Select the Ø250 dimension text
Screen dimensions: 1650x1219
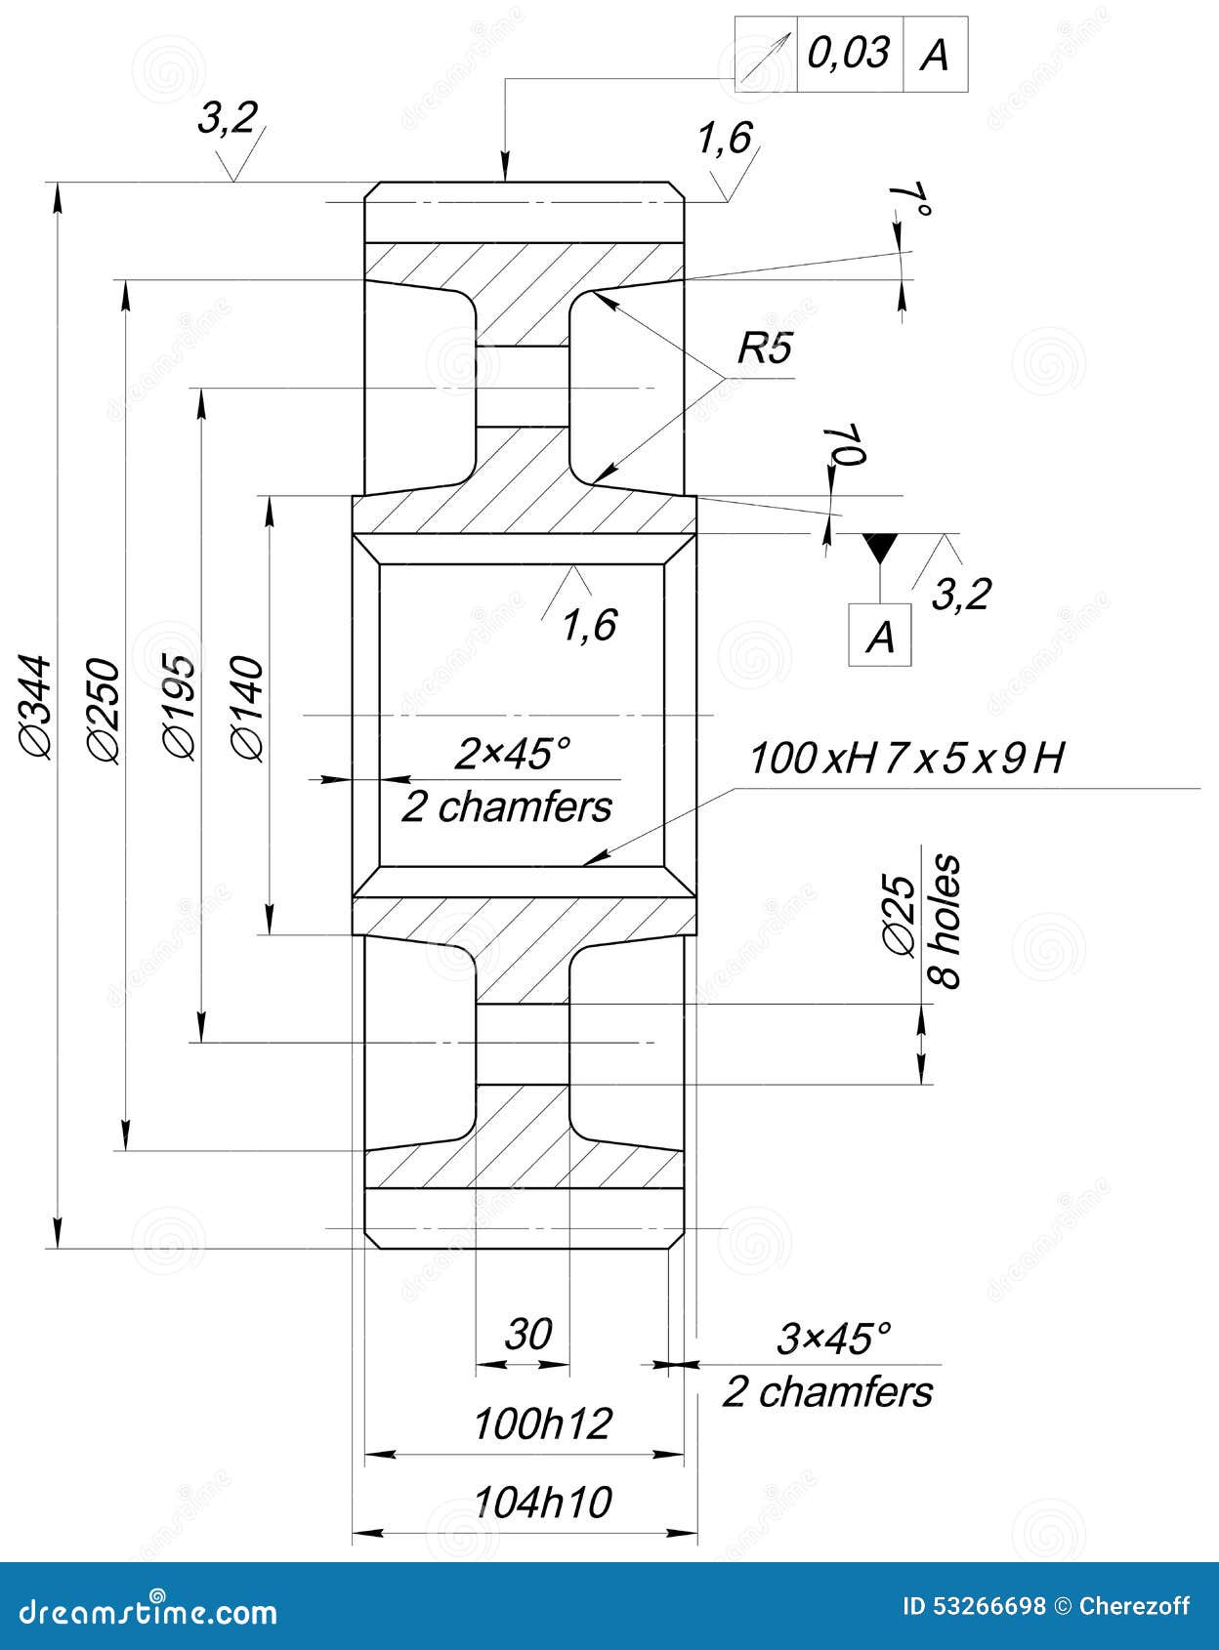pyautogui.click(x=104, y=710)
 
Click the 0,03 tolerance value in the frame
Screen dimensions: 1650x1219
pyautogui.click(x=849, y=52)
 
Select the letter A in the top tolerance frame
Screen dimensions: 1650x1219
pyautogui.click(x=935, y=55)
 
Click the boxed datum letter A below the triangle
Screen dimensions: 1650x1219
pyautogui.click(x=880, y=637)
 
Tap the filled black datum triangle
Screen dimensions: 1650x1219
pyautogui.click(x=880, y=546)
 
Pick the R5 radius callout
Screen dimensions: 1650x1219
pyautogui.click(x=764, y=349)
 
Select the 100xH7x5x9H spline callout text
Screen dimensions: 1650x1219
pyautogui.click(x=905, y=759)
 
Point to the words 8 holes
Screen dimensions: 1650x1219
pyautogui.click(x=946, y=922)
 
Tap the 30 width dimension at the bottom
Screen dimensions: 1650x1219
pyautogui.click(x=528, y=1334)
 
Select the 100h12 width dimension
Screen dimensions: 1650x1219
pyautogui.click(x=542, y=1424)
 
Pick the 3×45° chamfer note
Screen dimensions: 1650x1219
pyautogui.click(x=835, y=1339)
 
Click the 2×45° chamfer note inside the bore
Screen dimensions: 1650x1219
pyautogui.click(x=512, y=754)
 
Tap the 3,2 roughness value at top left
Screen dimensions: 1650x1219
pyautogui.click(x=227, y=118)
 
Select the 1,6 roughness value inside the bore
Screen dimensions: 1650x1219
pyautogui.click(x=589, y=625)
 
